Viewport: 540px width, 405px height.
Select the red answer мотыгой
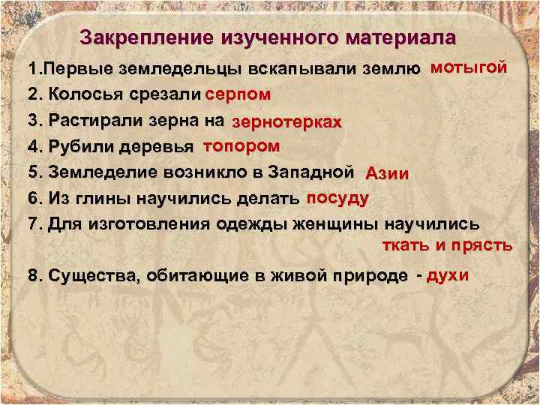469,67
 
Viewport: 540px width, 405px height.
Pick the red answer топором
242,145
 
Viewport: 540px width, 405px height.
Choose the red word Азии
387,174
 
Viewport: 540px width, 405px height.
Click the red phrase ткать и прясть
448,245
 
